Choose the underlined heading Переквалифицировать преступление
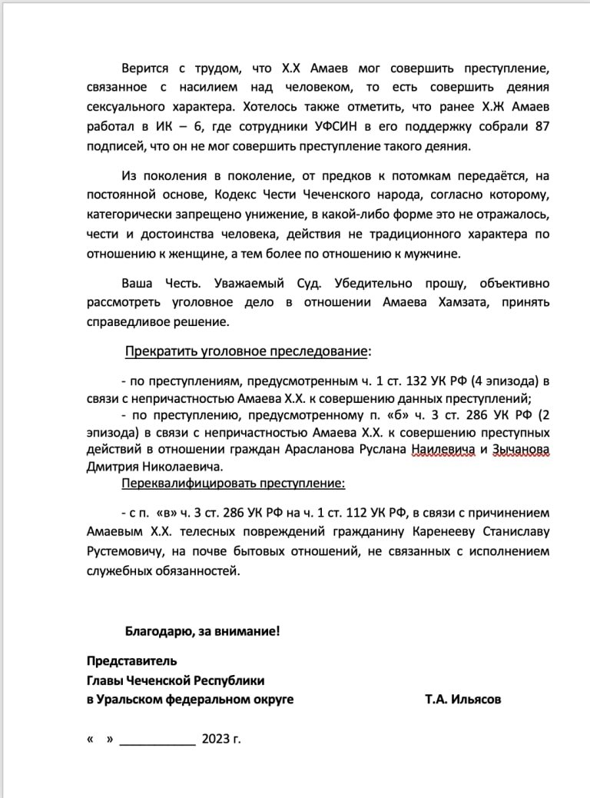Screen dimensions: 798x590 (234, 484)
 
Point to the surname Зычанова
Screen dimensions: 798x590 (519, 450)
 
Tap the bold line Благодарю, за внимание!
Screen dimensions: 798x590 (202, 631)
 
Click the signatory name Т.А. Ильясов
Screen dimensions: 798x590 (465, 700)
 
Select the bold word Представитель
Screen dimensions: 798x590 (131, 660)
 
